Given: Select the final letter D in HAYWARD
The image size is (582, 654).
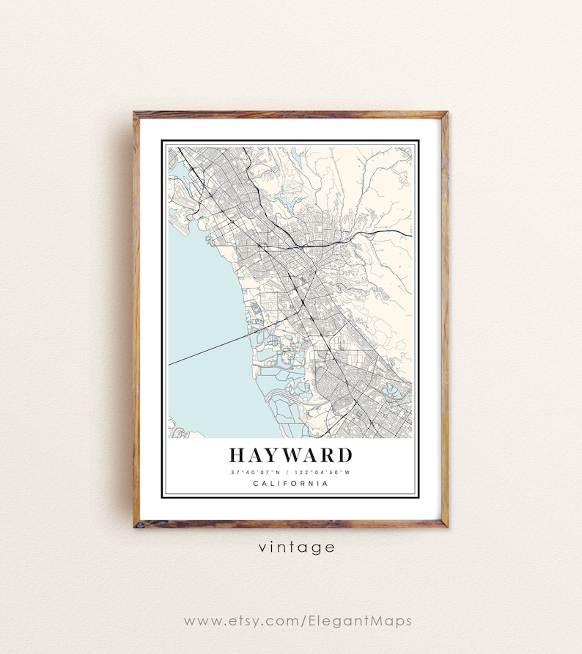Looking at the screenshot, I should pyautogui.click(x=342, y=455).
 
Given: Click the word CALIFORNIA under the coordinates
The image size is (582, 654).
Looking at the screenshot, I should pyautogui.click(x=290, y=483).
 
